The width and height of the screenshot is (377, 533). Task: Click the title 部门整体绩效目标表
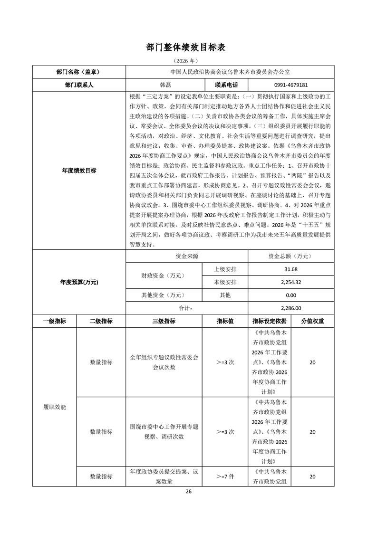188,47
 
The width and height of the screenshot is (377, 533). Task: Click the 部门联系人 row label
78,85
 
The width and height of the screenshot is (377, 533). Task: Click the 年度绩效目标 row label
78,171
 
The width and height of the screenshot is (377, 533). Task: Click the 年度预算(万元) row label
78,282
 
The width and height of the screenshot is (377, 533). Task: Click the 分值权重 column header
312,321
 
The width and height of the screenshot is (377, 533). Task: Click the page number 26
188,491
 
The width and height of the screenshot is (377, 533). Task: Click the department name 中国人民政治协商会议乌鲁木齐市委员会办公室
230,72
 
